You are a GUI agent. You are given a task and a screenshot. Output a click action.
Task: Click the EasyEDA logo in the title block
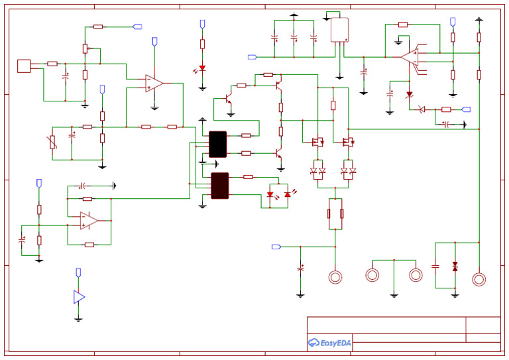(x=330, y=342)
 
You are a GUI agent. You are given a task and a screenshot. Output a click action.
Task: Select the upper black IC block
(x=217, y=144)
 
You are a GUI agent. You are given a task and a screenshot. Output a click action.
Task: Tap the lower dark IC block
(x=219, y=186)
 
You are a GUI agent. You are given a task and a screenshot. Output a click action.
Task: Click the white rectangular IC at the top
(x=339, y=30)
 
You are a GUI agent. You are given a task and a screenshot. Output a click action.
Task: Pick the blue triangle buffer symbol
(x=79, y=297)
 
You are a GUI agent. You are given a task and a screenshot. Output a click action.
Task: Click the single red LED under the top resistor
(x=202, y=68)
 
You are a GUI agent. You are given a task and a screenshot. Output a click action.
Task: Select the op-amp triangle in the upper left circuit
(x=154, y=83)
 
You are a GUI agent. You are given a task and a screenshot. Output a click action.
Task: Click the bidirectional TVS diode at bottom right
(x=455, y=266)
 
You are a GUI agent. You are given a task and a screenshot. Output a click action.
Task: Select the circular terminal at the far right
(x=479, y=279)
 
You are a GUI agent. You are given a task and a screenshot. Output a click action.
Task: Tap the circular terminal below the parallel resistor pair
(x=335, y=276)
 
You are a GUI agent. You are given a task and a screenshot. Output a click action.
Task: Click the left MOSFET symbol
(x=317, y=142)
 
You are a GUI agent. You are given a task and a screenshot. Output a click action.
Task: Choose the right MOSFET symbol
(x=347, y=142)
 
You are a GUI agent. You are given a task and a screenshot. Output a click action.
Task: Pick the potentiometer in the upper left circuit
(x=85, y=48)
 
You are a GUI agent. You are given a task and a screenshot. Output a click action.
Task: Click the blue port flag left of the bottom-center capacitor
(x=276, y=247)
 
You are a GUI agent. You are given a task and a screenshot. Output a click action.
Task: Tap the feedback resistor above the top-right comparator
(x=403, y=25)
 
